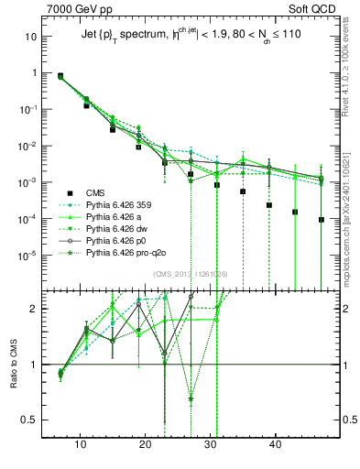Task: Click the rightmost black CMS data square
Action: click(322, 220)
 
